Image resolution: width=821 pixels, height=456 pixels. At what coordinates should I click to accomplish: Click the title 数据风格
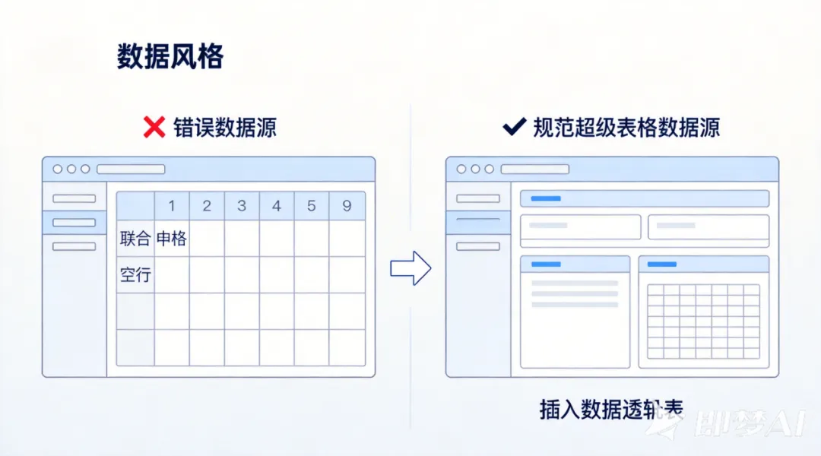click(x=170, y=57)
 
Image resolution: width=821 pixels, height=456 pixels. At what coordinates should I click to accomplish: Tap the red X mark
click(x=154, y=127)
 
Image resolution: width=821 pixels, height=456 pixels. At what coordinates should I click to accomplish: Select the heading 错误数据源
click(x=224, y=127)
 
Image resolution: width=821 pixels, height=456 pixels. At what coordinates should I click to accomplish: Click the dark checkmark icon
click(x=515, y=127)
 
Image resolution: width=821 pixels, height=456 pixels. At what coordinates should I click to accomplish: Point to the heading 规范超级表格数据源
click(x=626, y=127)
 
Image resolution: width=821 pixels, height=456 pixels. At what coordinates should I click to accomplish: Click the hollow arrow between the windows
click(x=410, y=268)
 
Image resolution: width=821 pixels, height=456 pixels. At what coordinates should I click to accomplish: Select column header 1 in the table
click(x=172, y=206)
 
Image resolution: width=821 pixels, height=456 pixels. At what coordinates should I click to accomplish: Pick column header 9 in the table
click(x=347, y=206)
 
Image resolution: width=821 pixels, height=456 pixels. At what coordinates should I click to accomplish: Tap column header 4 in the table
click(x=277, y=206)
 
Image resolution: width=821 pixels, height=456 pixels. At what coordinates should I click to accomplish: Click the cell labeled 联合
click(x=135, y=239)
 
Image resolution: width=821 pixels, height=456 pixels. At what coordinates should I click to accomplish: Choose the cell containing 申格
click(x=172, y=239)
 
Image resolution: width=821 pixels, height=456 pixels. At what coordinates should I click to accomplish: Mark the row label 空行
click(x=135, y=275)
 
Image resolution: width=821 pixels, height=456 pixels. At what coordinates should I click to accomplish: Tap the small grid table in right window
click(x=703, y=321)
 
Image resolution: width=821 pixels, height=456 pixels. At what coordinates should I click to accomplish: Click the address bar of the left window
click(x=131, y=169)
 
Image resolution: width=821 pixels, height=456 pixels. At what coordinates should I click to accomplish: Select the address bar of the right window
click(x=534, y=169)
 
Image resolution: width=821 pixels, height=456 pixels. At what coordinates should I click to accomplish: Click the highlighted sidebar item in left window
click(x=74, y=223)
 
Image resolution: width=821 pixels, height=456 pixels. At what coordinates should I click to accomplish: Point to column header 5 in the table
click(x=312, y=206)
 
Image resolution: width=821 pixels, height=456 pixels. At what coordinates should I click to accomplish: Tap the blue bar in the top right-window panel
click(x=546, y=198)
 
